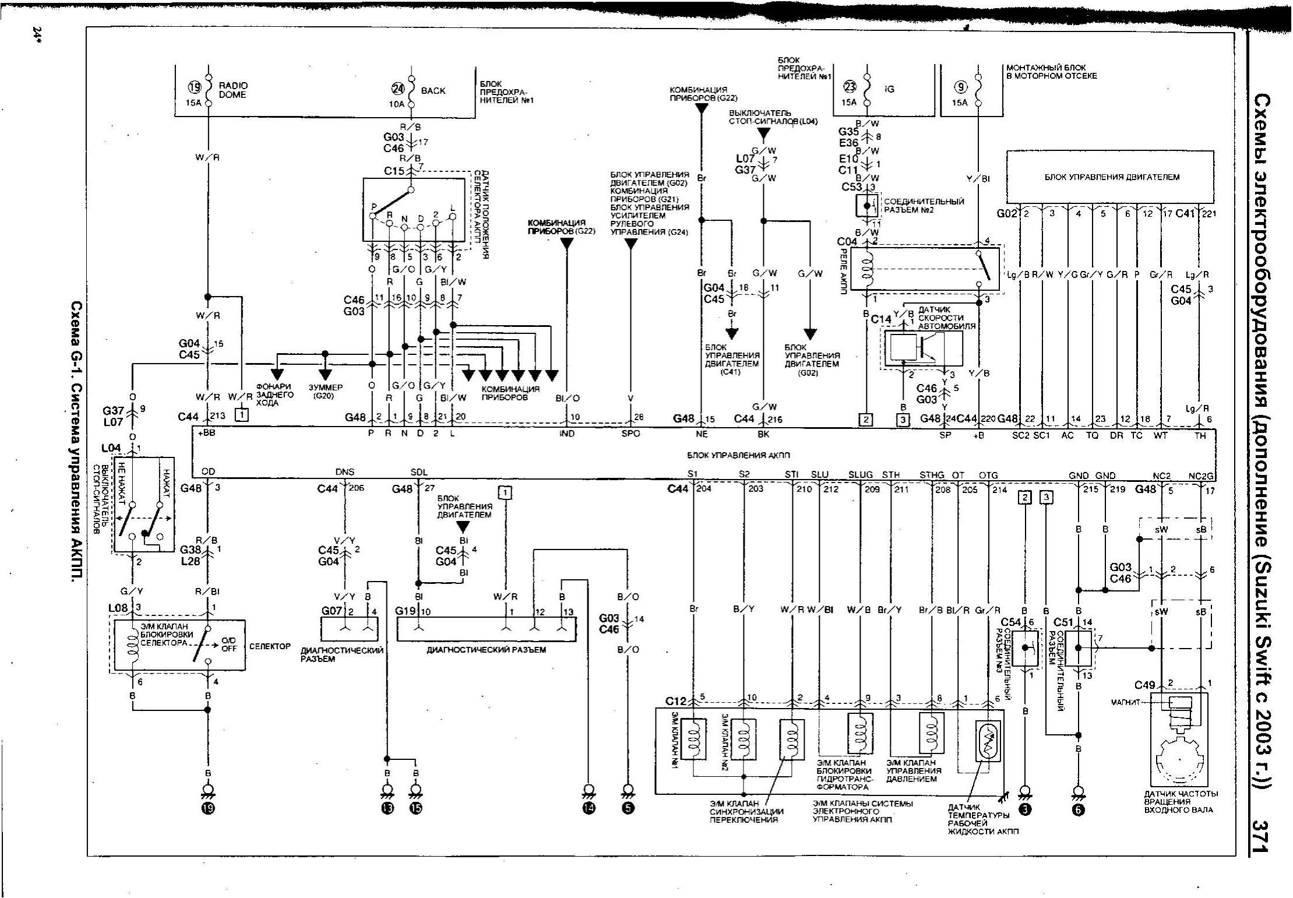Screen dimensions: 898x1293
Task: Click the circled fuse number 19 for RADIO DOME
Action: tap(194, 87)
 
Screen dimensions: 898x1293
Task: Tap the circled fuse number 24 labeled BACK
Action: tap(397, 90)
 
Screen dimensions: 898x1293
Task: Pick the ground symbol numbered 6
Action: tap(1078, 809)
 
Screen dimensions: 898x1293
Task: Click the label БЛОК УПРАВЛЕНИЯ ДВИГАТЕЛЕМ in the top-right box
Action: tap(1111, 177)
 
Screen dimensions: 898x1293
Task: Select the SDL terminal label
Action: tap(419, 473)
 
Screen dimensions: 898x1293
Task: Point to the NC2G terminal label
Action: tap(1202, 476)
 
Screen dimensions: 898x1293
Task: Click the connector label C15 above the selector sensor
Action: tap(394, 171)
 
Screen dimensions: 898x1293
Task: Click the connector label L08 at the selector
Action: tap(118, 608)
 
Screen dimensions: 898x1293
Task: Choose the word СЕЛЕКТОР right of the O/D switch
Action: tap(270, 646)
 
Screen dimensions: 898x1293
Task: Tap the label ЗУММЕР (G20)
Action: tap(326, 391)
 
